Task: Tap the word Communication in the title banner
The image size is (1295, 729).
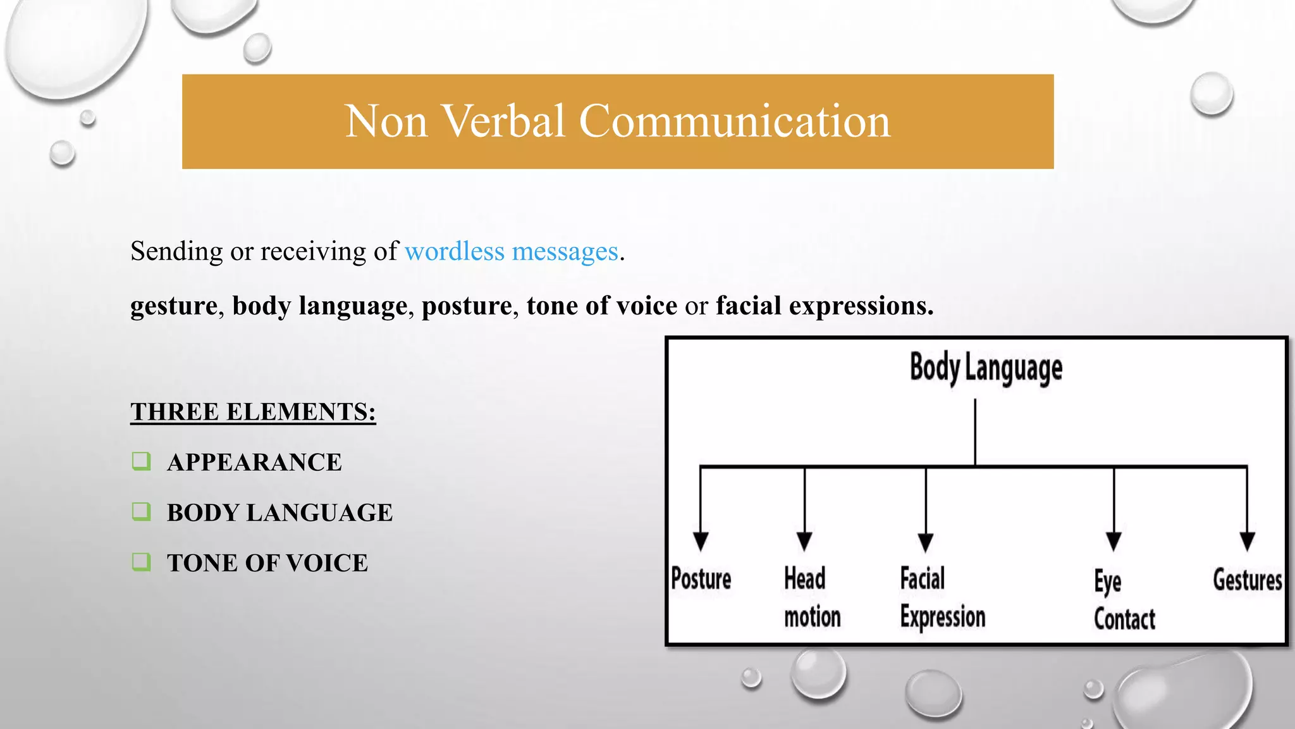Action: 735,121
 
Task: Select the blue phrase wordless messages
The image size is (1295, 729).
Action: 511,252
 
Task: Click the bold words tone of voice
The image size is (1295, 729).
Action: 602,306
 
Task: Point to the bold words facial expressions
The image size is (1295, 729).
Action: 825,306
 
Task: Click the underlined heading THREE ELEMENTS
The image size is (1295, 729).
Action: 253,412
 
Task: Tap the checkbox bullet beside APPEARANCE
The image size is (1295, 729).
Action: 142,461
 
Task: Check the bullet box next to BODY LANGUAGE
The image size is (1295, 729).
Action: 142,511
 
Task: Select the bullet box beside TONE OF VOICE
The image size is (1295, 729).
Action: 142,561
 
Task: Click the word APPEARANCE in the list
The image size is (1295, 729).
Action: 254,463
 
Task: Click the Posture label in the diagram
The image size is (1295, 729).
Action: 701,579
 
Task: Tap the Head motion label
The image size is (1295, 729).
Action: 812,597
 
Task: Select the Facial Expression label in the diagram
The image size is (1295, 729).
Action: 942,597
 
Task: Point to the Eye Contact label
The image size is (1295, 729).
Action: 1124,600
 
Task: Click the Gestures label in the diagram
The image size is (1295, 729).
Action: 1247,580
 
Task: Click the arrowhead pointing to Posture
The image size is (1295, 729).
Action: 701,541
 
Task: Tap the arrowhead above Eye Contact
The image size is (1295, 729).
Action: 1114,541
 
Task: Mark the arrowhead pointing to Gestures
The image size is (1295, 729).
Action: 1247,541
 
